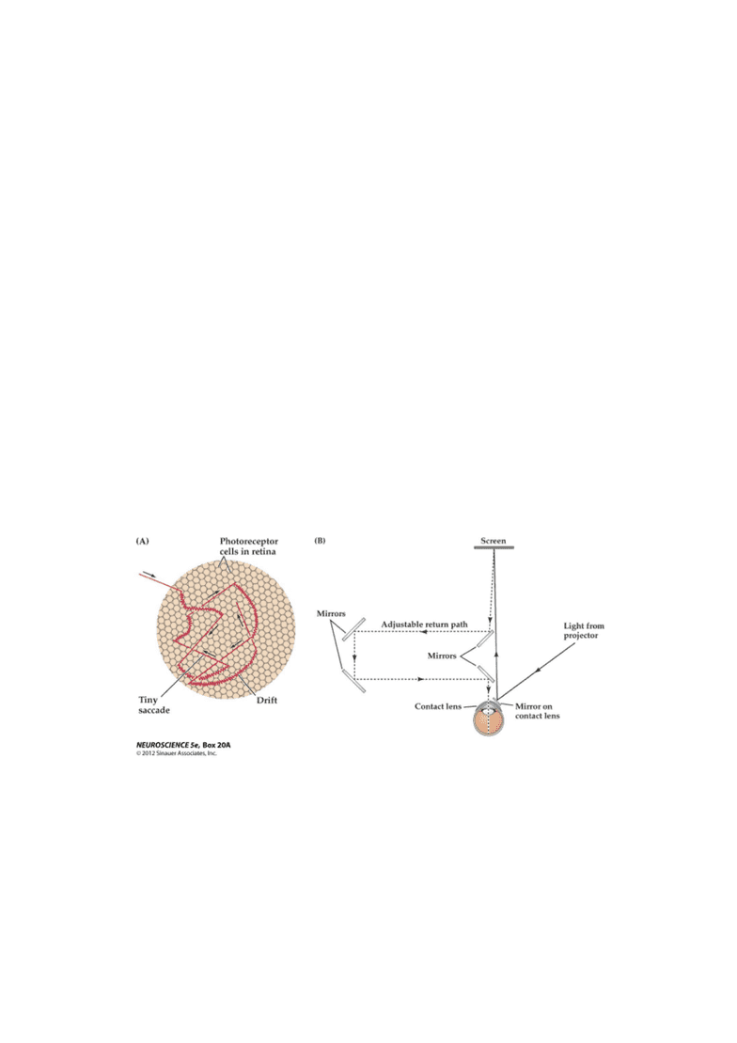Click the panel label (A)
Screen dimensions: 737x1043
[x=142, y=542]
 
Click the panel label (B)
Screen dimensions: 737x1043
[x=320, y=541]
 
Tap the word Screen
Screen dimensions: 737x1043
[x=493, y=541]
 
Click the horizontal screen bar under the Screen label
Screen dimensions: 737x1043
[x=493, y=548]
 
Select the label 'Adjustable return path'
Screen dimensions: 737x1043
[x=424, y=624]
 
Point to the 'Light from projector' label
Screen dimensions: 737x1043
[x=584, y=630]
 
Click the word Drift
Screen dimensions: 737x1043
[x=267, y=700]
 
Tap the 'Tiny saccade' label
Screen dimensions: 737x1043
[x=153, y=705]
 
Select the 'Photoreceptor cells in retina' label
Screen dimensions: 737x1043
[x=249, y=546]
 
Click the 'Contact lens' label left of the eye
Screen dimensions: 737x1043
[x=438, y=706]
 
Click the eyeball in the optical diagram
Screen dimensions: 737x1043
[x=489, y=719]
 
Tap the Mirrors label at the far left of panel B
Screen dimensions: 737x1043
[x=331, y=613]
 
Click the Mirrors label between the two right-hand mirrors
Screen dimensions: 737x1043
[x=442, y=656]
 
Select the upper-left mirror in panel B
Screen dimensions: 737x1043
[x=353, y=629]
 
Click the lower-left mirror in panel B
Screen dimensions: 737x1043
[x=353, y=681]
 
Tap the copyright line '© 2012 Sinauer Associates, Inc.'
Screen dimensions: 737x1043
[x=177, y=753]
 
